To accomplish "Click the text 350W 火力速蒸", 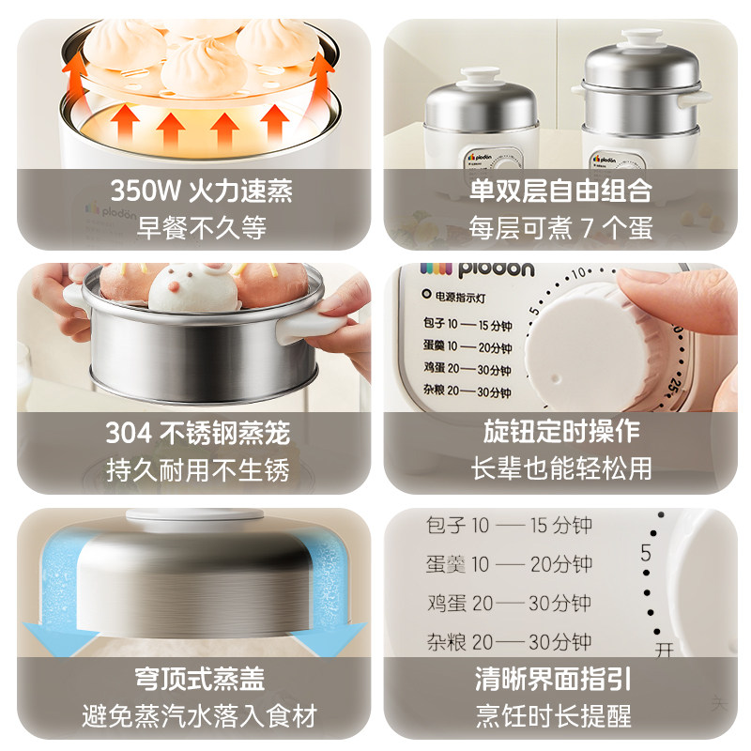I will [x=201, y=192].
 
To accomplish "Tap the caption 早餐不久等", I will [x=201, y=227].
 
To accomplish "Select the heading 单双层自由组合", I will [x=560, y=192].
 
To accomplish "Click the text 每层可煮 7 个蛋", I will [x=560, y=227].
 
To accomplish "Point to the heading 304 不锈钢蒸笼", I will [x=197, y=433].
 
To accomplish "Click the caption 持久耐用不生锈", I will [x=197, y=469].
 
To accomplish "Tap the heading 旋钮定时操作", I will [x=560, y=433].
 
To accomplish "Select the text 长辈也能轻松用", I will [x=560, y=469].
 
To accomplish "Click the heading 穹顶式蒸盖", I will [x=199, y=678].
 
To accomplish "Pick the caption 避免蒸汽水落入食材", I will [x=199, y=713].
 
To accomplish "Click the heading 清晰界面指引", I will [x=560, y=678].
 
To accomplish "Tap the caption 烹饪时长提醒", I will [x=560, y=713].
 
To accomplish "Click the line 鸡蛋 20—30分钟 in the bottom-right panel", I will [x=506, y=603].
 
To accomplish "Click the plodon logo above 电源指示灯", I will [x=479, y=269].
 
